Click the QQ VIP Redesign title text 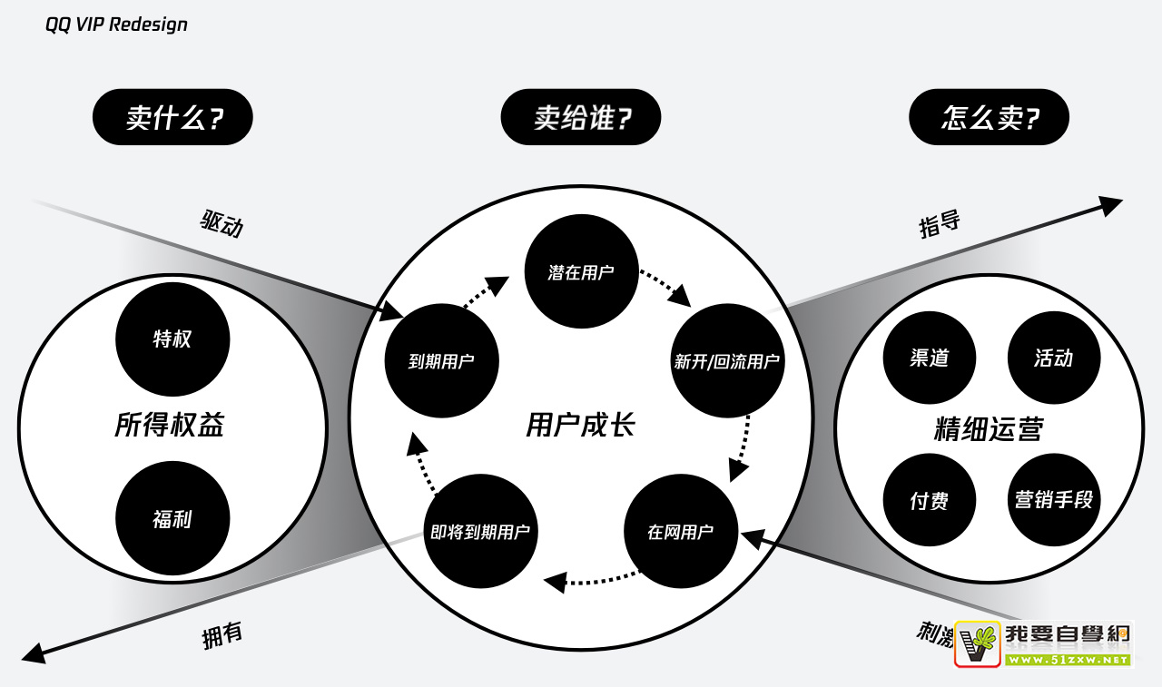coord(116,25)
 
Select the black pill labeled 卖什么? coord(172,117)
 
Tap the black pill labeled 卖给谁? coord(581,117)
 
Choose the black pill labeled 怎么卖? coord(989,117)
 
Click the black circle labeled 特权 coord(172,339)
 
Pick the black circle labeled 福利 coord(172,519)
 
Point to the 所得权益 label coord(170,425)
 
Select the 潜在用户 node coord(581,271)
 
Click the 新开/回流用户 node coord(727,361)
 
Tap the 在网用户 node coord(681,532)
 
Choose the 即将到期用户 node coord(481,532)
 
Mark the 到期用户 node coord(441,361)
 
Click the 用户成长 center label coord(581,425)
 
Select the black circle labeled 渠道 coord(929,358)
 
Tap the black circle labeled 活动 coord(1053,358)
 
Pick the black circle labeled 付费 coord(929,500)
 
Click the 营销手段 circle coord(1053,500)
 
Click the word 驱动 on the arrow coord(222,222)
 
